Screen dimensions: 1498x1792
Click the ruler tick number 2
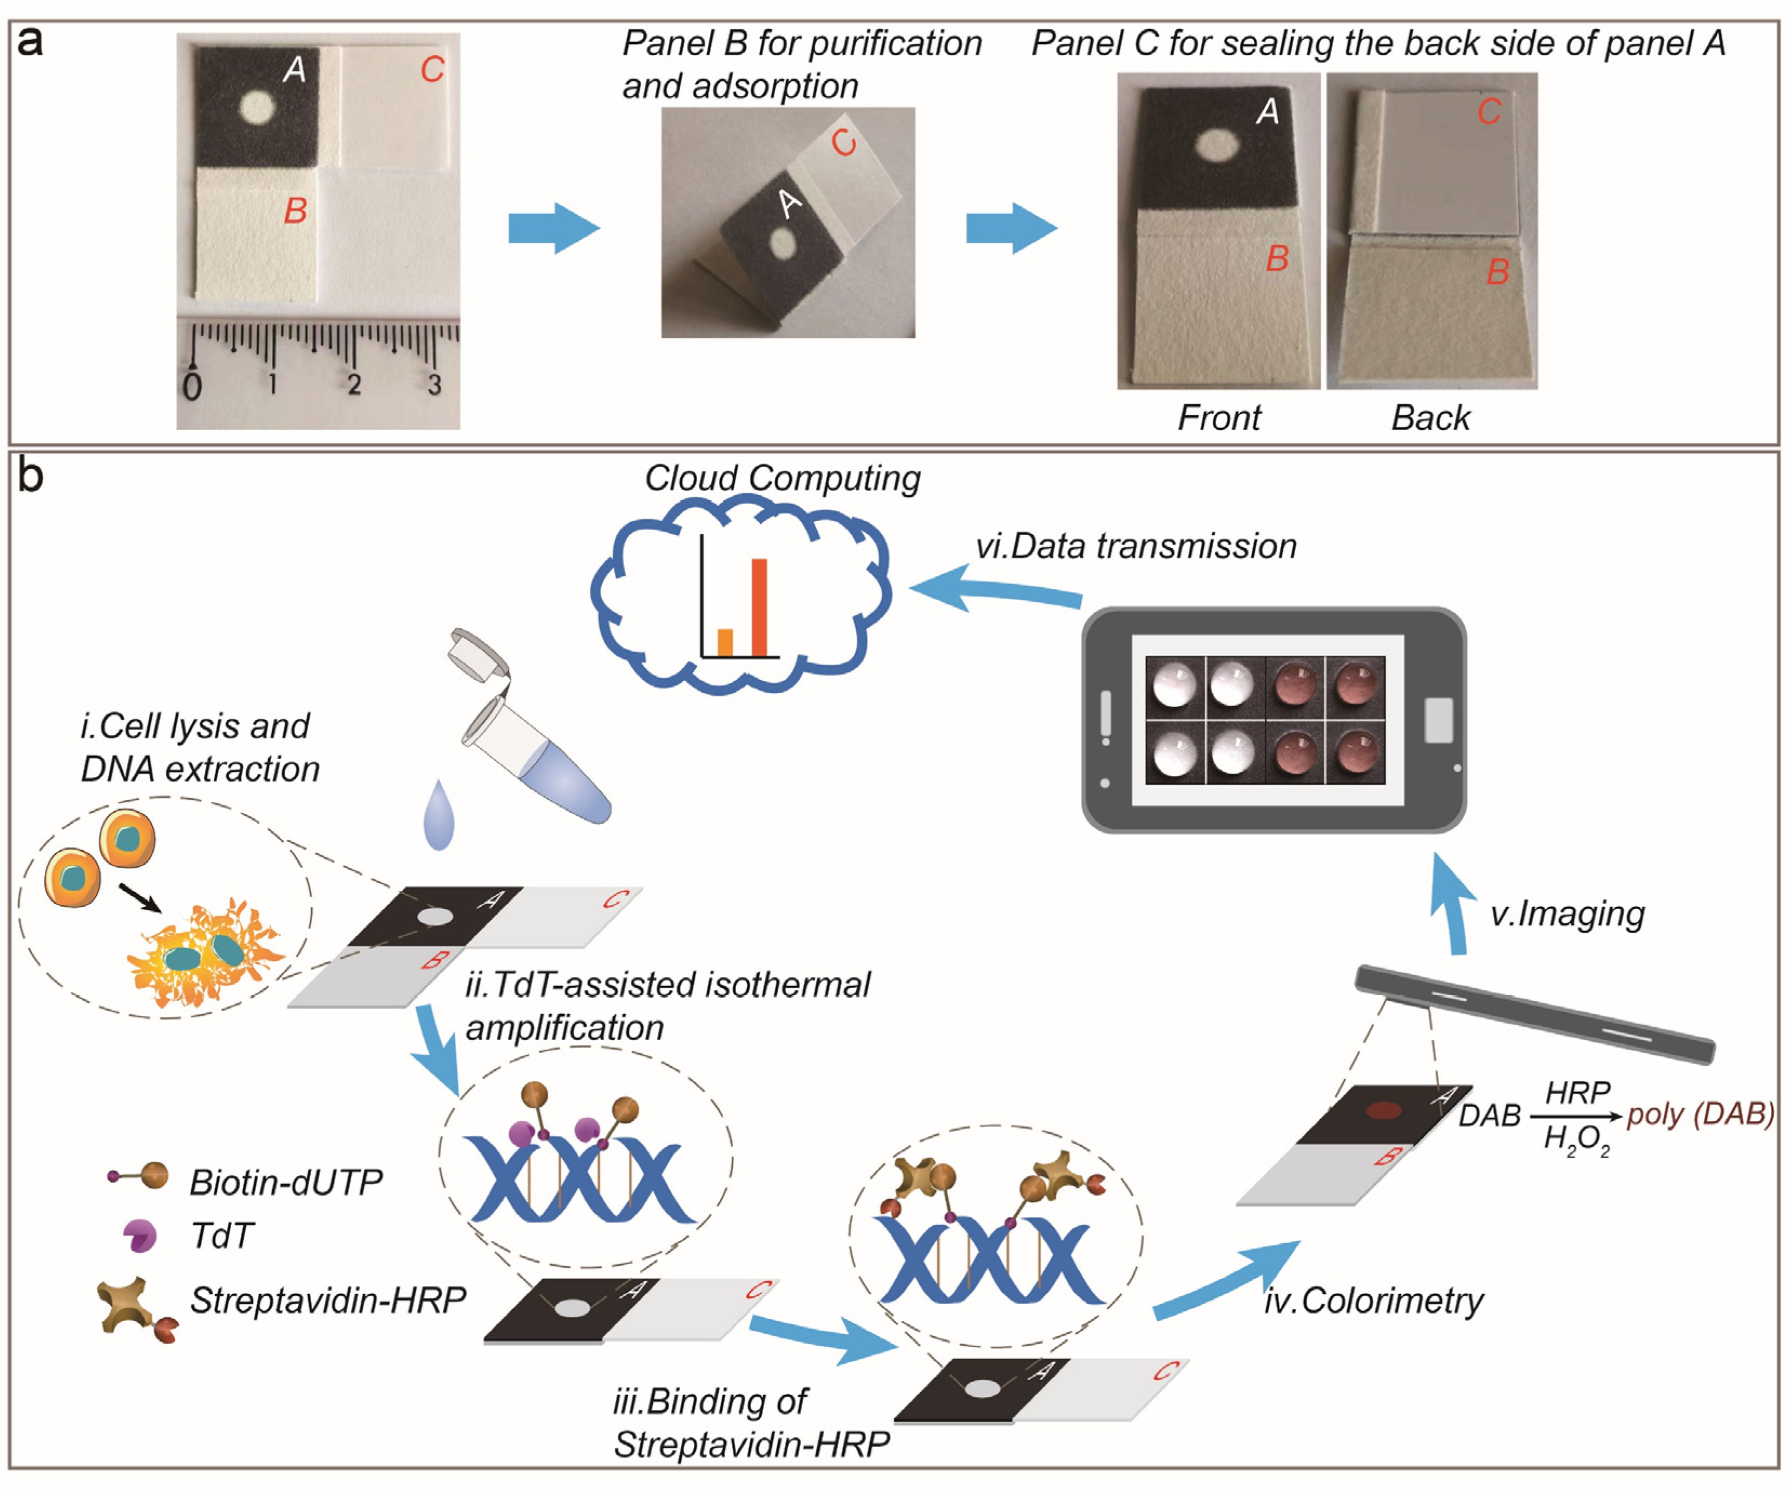pyautogui.click(x=354, y=385)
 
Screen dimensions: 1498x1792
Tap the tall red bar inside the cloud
pyautogui.click(x=759, y=607)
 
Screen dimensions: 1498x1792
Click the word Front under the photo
pyautogui.click(x=1218, y=418)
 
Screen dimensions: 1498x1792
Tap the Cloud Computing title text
pyautogui.click(x=782, y=478)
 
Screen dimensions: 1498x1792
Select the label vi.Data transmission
pyautogui.click(x=1136, y=546)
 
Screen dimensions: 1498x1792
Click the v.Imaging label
pyautogui.click(x=1567, y=914)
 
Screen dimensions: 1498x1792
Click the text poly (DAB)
pyautogui.click(x=1701, y=1114)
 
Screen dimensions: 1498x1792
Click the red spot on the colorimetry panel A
pyautogui.click(x=1384, y=1111)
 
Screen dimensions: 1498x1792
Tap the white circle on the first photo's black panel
pyautogui.click(x=257, y=108)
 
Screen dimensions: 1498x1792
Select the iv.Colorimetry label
pyautogui.click(x=1374, y=1301)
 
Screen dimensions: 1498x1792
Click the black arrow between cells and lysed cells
pyautogui.click(x=139, y=897)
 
